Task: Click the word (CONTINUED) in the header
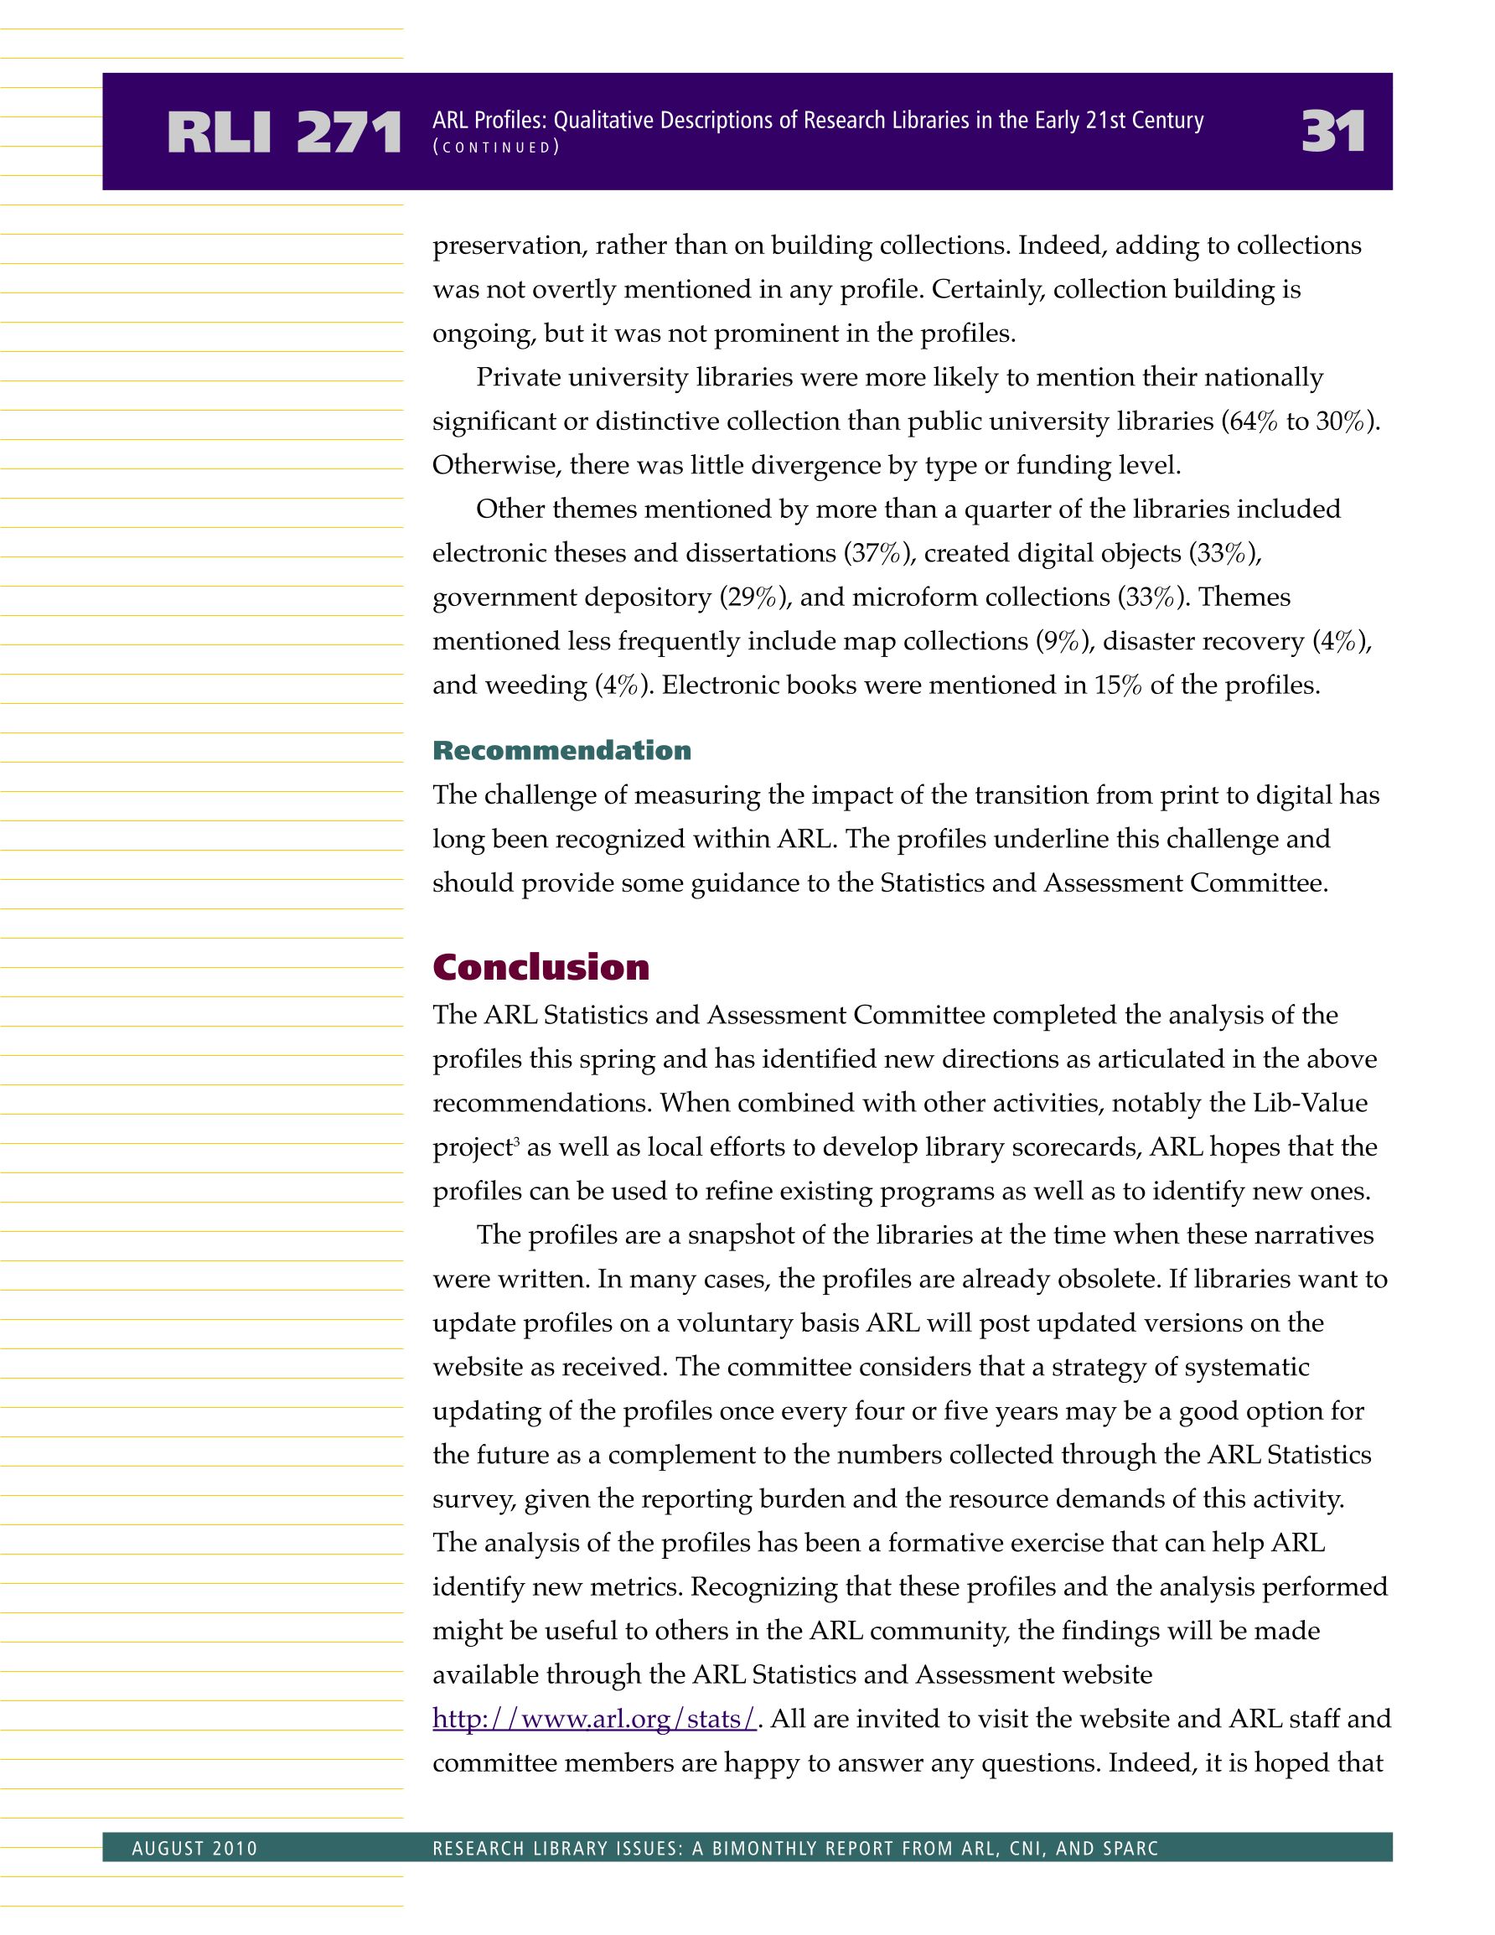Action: click(496, 147)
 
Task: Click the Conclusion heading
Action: click(541, 966)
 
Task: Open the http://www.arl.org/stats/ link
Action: click(594, 1719)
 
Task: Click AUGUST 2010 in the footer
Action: click(194, 1848)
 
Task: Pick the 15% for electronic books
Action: click(1118, 685)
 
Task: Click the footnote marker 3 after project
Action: click(517, 1141)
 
